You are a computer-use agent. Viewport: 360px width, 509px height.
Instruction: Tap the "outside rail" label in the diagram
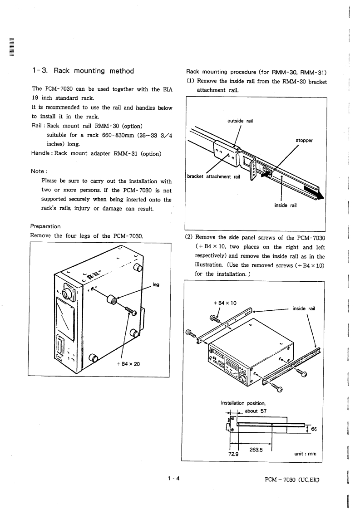pyautogui.click(x=240, y=121)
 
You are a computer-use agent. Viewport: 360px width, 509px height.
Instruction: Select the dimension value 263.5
pyautogui.click(x=257, y=450)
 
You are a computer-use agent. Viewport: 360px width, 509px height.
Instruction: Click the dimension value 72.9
pyautogui.click(x=233, y=454)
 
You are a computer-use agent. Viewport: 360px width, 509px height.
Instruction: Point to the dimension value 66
pyautogui.click(x=314, y=430)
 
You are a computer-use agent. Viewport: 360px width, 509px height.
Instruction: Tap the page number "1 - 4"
pyautogui.click(x=173, y=478)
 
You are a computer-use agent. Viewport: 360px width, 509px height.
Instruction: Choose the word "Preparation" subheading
pyautogui.click(x=45, y=226)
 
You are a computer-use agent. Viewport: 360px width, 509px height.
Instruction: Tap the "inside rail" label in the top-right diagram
pyautogui.click(x=286, y=205)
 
